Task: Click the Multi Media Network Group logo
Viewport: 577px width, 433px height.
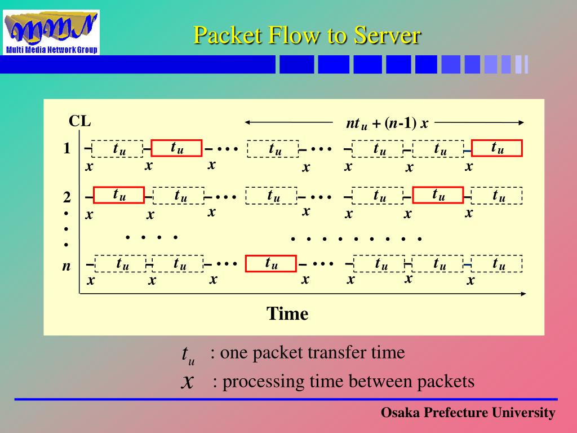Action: coord(51,32)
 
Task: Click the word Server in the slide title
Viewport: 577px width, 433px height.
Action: coord(387,36)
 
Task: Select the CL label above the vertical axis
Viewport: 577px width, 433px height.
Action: coord(79,122)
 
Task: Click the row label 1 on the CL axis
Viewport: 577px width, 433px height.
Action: coord(67,149)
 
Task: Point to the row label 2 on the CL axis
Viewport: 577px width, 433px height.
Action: coord(67,197)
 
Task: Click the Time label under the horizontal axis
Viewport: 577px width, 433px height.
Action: coord(287,313)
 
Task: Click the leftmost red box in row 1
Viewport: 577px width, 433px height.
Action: coord(176,148)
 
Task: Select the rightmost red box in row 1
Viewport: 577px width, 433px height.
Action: coord(497,148)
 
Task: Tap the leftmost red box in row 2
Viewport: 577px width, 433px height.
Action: coord(118,195)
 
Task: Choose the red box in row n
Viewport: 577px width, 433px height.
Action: coord(270,263)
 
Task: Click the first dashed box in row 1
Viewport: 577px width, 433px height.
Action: coord(117,149)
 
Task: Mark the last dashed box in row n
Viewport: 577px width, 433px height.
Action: coord(498,263)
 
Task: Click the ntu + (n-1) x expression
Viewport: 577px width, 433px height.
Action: coord(387,123)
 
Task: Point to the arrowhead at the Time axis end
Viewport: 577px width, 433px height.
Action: coord(523,293)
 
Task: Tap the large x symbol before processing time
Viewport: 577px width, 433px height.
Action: coord(188,382)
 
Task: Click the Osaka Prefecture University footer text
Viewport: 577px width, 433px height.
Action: coord(468,413)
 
